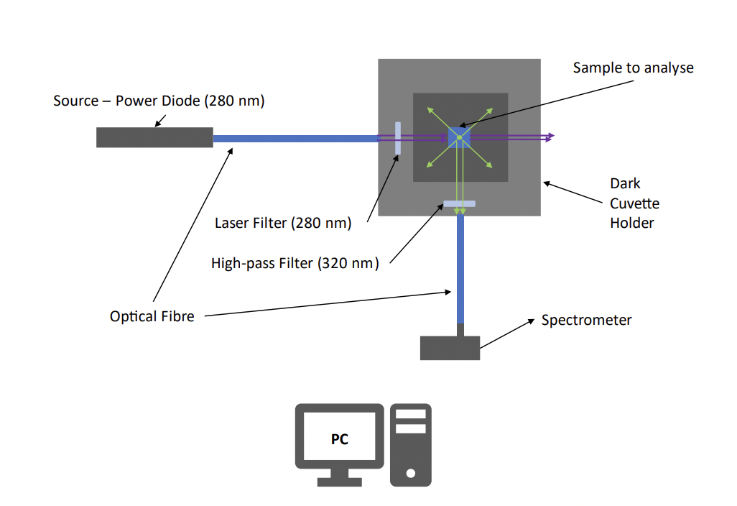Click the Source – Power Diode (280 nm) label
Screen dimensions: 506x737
(159, 101)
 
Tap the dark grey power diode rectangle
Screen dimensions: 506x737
(154, 137)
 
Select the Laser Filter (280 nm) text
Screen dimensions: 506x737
(283, 223)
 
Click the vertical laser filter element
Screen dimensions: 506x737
(397, 138)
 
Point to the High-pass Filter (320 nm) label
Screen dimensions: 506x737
(295, 263)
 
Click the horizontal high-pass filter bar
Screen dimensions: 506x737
(460, 204)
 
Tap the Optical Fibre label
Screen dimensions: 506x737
(152, 316)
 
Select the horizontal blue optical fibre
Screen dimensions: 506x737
(295, 138)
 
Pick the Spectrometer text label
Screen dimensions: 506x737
(586, 321)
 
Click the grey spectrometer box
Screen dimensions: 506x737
(450, 348)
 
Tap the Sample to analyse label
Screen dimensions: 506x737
(633, 68)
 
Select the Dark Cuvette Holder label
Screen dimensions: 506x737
(634, 203)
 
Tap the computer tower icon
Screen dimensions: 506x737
(410, 445)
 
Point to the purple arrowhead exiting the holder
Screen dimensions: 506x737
(550, 136)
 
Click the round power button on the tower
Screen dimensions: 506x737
(410, 474)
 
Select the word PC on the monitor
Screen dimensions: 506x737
(339, 439)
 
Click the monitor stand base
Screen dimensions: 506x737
(339, 482)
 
